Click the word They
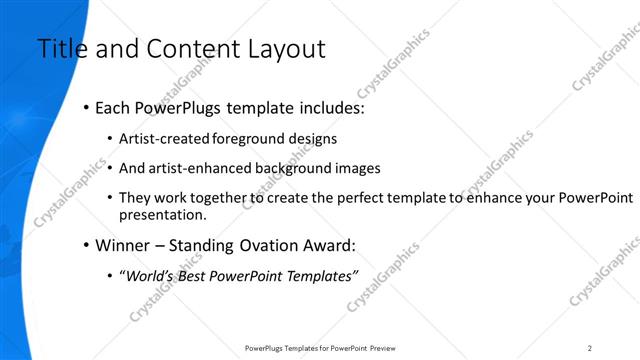133,199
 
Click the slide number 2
590,347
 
